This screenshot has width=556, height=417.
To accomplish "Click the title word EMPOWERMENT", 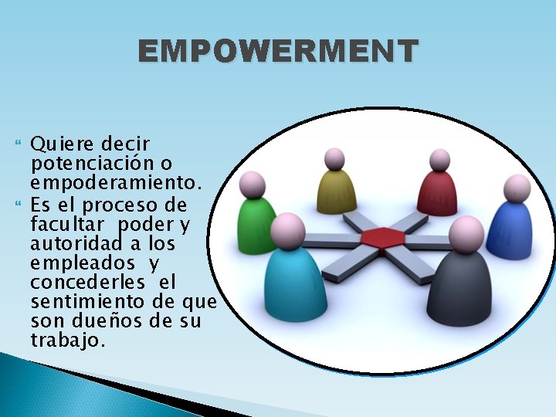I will click(278, 52).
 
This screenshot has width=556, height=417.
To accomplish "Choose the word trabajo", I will click(67, 341).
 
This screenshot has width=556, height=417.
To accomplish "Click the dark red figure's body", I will click(437, 194).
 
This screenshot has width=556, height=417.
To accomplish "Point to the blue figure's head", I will click(517, 188).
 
